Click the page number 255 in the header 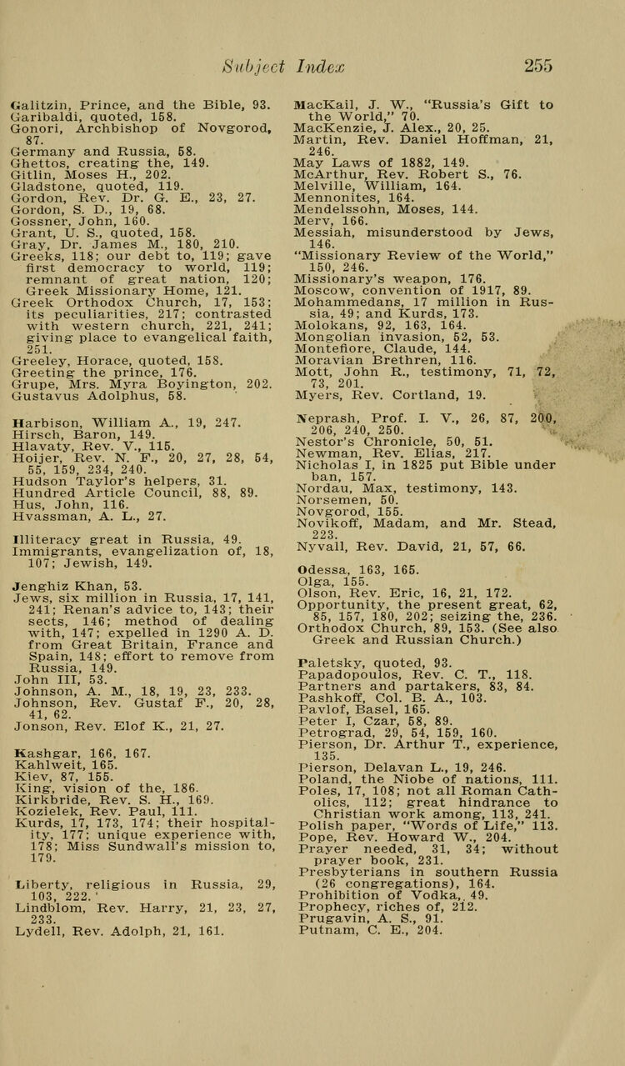[x=538, y=65]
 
